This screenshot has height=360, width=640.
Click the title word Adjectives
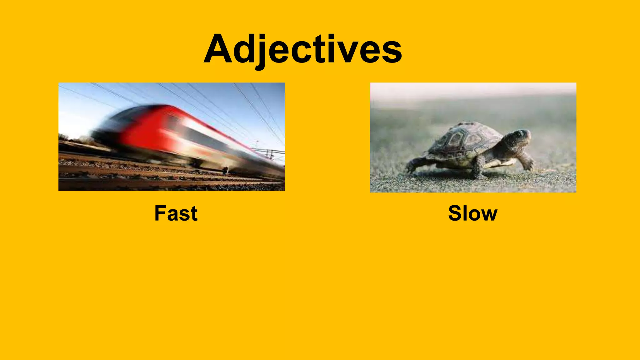click(x=302, y=49)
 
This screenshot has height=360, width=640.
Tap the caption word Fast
click(x=176, y=213)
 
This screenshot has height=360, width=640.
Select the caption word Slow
click(x=472, y=213)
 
